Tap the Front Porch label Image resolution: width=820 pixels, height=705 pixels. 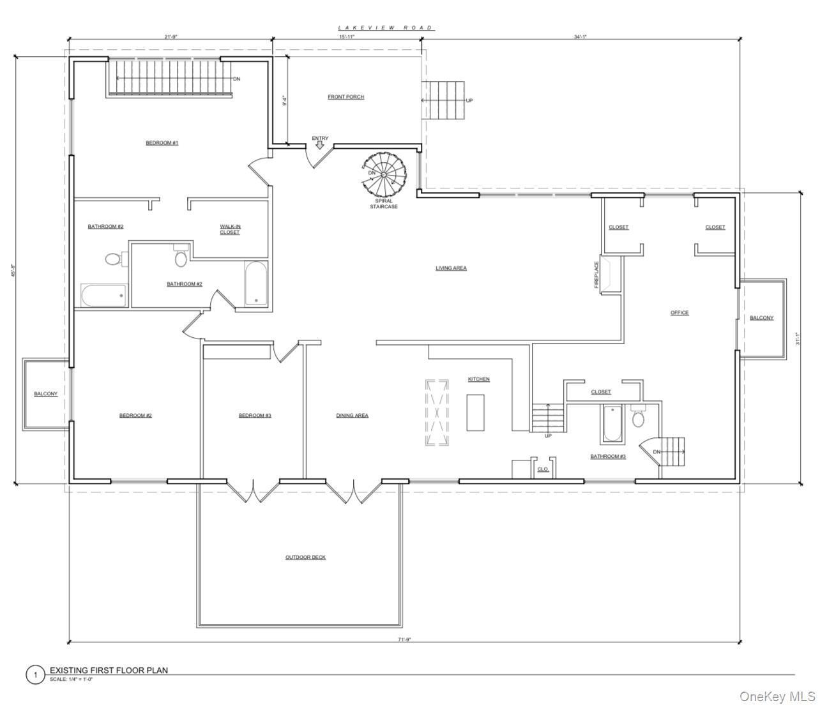(345, 97)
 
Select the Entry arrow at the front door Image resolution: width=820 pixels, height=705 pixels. (319, 146)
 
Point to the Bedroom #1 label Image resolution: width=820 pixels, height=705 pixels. (162, 143)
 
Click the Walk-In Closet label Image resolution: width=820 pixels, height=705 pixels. (230, 229)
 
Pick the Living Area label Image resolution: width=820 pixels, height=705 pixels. (451, 268)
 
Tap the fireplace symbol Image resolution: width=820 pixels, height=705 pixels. (609, 275)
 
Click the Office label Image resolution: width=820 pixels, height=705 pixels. (680, 313)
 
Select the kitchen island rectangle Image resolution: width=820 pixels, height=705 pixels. (475, 413)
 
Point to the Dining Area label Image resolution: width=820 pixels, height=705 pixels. (352, 416)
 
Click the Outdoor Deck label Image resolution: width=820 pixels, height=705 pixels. (305, 557)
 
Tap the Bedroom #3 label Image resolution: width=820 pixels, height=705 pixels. (255, 416)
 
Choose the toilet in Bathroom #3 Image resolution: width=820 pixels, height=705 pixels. (638, 418)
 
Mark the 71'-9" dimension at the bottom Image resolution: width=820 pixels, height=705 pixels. (404, 639)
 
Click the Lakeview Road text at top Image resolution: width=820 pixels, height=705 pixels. (386, 28)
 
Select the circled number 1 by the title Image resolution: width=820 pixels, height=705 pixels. (35, 674)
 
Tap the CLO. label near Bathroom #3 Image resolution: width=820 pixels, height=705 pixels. (543, 469)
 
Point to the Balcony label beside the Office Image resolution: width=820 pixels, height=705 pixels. (761, 318)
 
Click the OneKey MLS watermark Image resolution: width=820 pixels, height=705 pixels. (777, 695)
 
